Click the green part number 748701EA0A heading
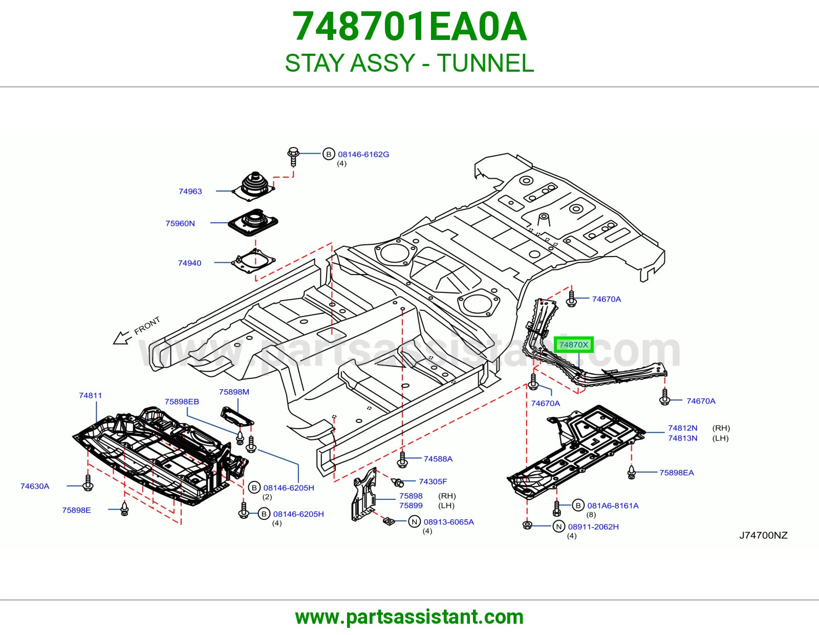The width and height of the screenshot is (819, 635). [409, 27]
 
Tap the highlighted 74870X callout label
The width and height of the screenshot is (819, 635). [574, 345]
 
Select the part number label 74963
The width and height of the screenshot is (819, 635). [190, 191]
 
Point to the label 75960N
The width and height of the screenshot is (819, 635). [180, 223]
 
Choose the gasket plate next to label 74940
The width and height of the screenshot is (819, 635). [253, 261]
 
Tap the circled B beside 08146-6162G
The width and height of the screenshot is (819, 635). [329, 154]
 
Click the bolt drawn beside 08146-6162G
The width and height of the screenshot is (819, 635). [293, 157]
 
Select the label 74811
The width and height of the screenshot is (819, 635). [91, 395]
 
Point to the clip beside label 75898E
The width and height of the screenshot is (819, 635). [124, 509]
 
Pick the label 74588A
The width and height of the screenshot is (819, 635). [438, 459]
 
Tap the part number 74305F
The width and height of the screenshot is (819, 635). [433, 481]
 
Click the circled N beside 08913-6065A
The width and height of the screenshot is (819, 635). [415, 521]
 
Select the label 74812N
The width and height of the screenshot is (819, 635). [682, 428]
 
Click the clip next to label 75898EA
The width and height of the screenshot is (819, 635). [632, 472]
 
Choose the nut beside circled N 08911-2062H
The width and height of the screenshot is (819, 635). [527, 525]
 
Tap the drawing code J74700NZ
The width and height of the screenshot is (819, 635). [764, 536]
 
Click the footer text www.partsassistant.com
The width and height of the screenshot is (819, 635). [409, 617]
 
